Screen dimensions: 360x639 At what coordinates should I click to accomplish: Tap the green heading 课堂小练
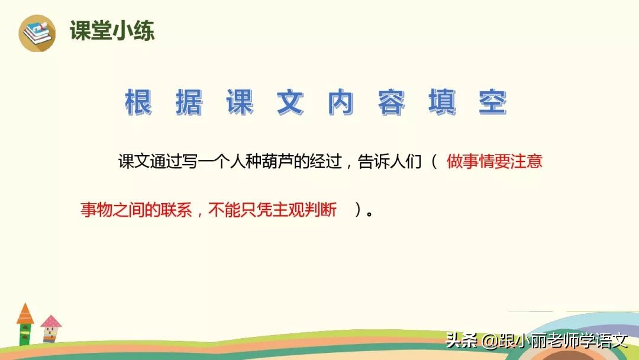click(x=112, y=31)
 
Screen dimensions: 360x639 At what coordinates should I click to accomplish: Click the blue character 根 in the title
click(x=138, y=102)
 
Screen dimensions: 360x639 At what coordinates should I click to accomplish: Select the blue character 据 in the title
click(x=189, y=102)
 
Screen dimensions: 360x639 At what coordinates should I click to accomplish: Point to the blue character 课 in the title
click(x=240, y=102)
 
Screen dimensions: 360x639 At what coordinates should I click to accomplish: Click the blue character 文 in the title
click(x=291, y=102)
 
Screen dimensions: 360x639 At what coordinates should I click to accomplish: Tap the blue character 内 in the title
click(x=341, y=102)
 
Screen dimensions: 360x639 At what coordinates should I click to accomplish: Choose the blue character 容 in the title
click(x=392, y=102)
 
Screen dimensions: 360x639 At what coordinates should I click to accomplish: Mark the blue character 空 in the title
click(x=493, y=102)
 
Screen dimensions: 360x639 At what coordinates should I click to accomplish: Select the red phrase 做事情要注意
click(x=494, y=162)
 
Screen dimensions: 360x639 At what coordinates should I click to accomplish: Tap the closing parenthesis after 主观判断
click(x=357, y=210)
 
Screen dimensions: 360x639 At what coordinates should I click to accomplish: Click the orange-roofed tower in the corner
click(x=25, y=323)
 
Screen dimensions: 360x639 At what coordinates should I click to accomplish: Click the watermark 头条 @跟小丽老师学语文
click(x=536, y=341)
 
